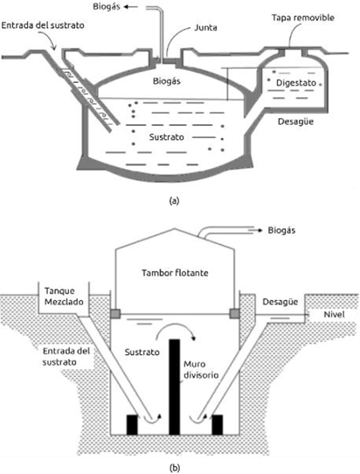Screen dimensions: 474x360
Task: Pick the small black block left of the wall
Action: pos(134,424)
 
